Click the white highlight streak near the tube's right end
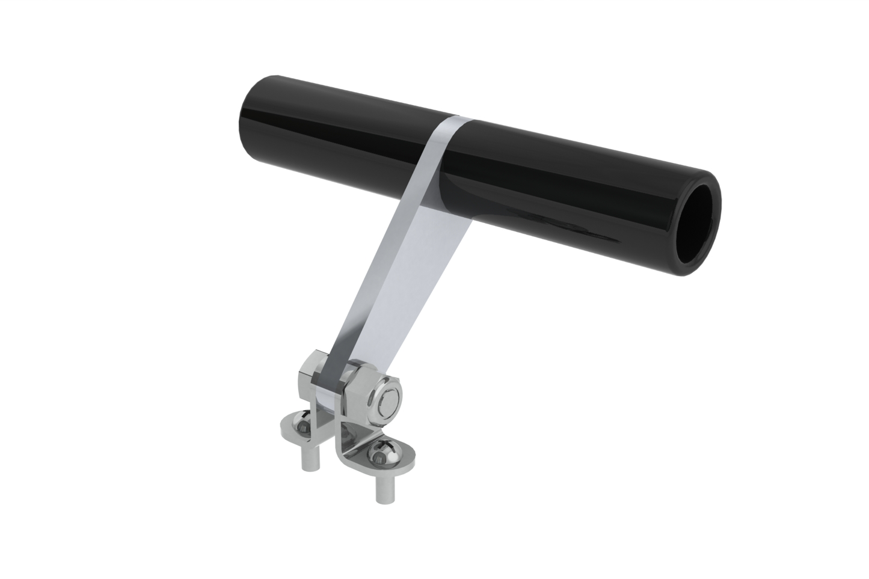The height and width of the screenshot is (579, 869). coord(577,231)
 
